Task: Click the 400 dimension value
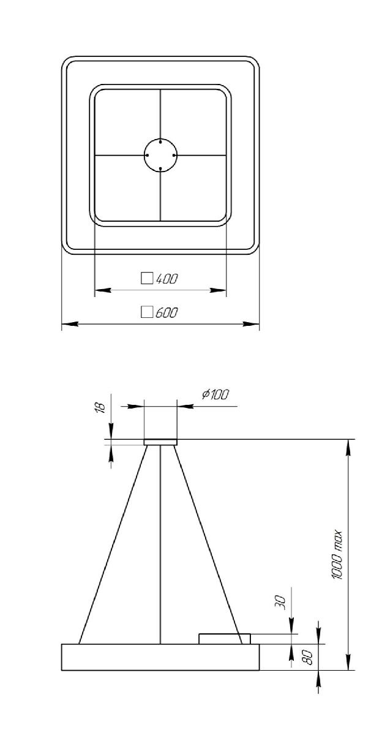(167, 279)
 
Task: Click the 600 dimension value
(167, 313)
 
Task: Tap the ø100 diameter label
(215, 394)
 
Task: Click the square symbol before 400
(147, 279)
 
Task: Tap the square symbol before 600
(147, 312)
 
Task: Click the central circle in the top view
(160, 156)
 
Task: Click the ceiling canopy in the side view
(160, 442)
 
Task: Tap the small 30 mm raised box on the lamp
(224, 639)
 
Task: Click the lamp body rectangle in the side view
(160, 657)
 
